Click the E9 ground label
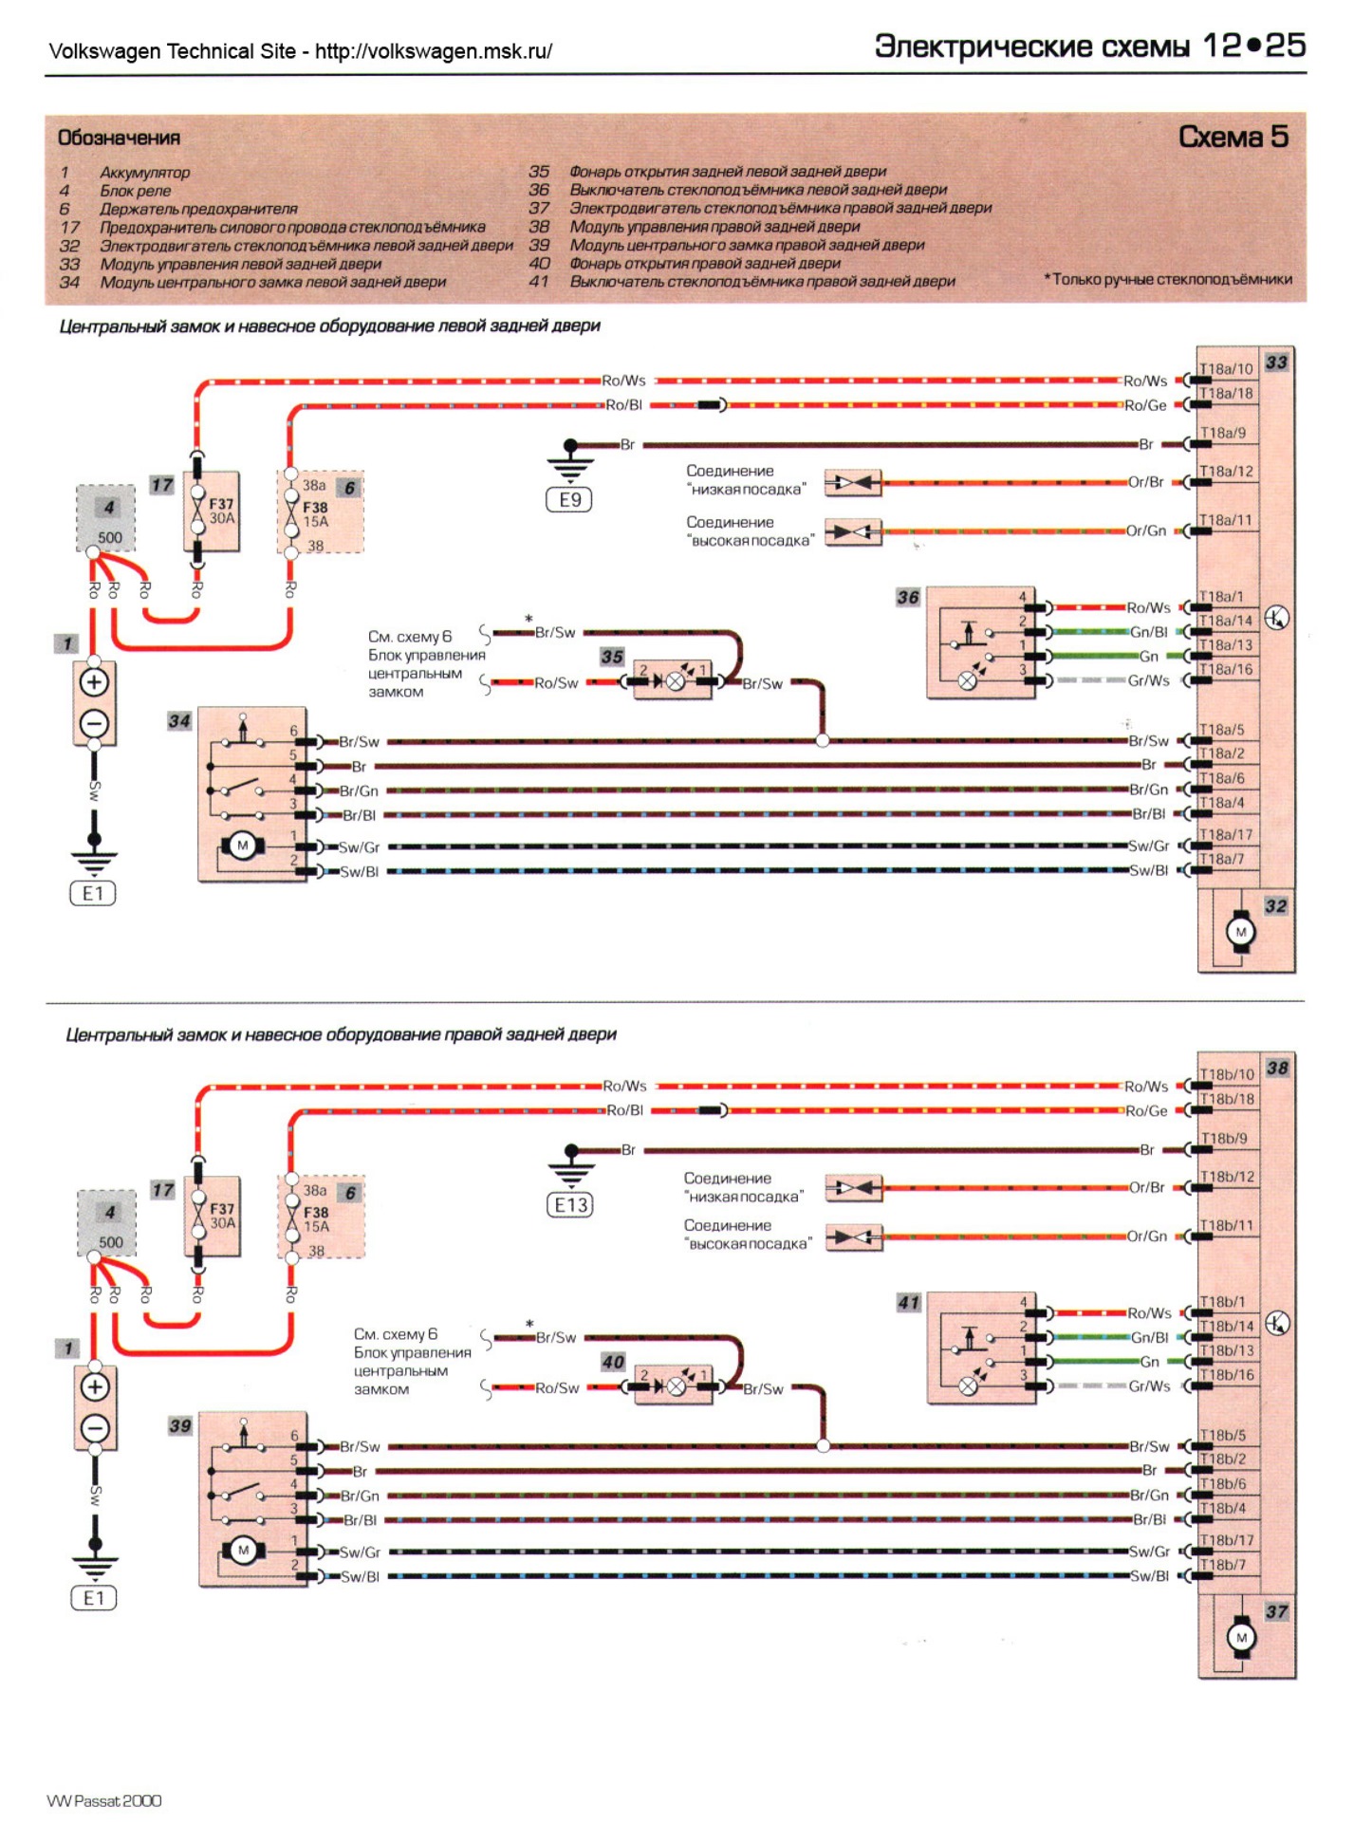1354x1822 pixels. click(569, 500)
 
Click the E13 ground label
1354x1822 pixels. click(570, 1205)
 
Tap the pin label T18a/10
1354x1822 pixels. click(1226, 369)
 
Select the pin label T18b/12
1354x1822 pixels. click(1227, 1177)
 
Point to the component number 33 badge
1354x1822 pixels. click(1277, 363)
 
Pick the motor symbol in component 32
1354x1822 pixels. click(1240, 933)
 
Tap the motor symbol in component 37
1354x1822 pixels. click(1241, 1638)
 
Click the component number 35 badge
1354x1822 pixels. click(612, 657)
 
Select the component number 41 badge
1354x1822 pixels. click(908, 1303)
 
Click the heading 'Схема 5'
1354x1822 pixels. click(1233, 138)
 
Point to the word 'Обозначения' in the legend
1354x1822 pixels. click(119, 139)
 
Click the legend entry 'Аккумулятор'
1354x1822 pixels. click(144, 173)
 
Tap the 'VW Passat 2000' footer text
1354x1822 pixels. click(104, 1801)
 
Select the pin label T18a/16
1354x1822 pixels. click(1226, 670)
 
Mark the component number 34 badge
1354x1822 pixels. click(179, 721)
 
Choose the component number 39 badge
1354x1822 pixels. click(180, 1425)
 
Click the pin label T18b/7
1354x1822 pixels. click(1223, 1565)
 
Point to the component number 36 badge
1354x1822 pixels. click(908, 597)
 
